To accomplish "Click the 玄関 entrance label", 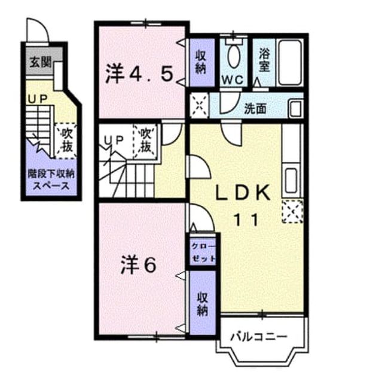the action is [41, 63].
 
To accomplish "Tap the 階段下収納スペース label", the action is [51, 180].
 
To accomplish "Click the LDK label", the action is [243, 193].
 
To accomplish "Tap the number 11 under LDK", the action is [246, 220].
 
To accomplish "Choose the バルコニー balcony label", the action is [259, 337].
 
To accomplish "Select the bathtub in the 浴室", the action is [290, 62].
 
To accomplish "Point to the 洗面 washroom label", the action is [255, 109].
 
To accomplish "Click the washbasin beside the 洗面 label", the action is [295, 109].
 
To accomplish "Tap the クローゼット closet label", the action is [203, 252].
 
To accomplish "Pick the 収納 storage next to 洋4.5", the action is [201, 62].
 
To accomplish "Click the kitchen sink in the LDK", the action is [291, 180].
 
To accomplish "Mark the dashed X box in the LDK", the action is [292, 211].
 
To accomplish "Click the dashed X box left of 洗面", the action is [199, 106].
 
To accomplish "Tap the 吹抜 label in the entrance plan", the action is [67, 140].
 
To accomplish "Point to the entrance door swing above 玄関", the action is [38, 31].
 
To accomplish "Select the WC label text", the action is [233, 80].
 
